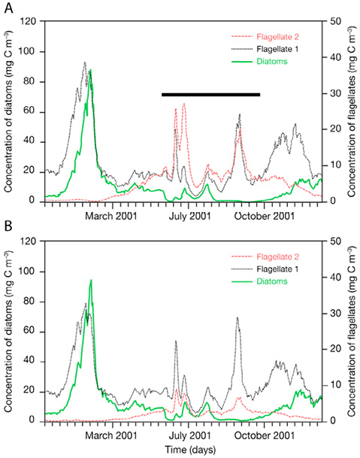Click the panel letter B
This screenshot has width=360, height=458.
[8, 226]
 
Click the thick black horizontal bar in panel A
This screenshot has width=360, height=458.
[210, 94]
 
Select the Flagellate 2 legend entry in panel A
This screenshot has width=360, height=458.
[277, 37]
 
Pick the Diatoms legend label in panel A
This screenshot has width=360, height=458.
[272, 62]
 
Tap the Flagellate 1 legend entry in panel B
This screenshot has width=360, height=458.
[277, 268]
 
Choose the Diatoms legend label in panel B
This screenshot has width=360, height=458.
[272, 281]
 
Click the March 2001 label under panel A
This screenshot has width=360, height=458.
[110, 216]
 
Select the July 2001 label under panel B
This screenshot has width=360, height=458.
[189, 435]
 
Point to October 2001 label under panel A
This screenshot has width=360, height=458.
[265, 216]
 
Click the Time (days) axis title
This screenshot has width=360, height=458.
[190, 450]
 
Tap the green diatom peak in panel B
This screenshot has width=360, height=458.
[91, 280]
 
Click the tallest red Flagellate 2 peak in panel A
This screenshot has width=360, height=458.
[184, 103]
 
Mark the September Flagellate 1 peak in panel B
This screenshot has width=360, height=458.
[237, 317]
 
